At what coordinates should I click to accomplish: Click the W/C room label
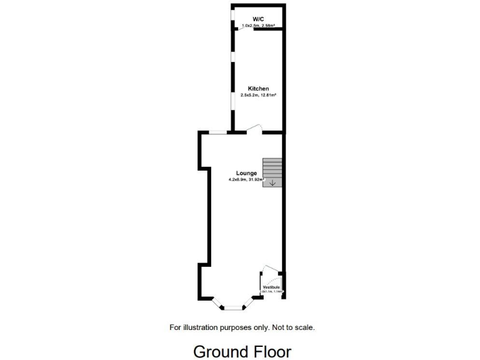257,19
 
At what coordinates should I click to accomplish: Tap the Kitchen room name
258,89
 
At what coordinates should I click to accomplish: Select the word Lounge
246,173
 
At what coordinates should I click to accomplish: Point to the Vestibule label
271,287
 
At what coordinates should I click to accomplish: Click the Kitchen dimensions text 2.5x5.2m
250,95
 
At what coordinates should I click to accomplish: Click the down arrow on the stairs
272,183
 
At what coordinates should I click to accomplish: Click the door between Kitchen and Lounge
254,129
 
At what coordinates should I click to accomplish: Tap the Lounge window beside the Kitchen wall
217,132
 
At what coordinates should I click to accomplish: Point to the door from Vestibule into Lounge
271,269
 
